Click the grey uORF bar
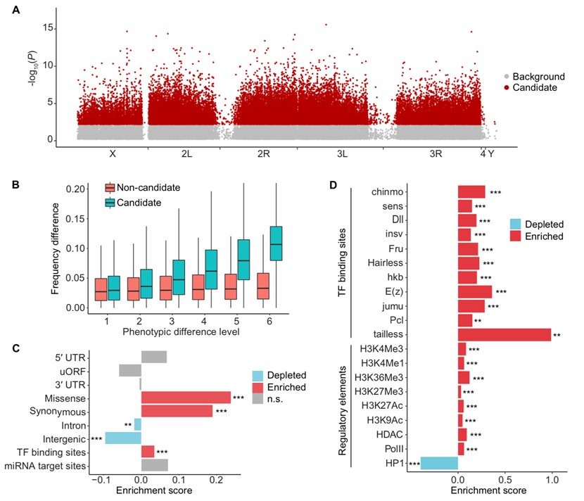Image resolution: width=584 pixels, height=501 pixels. [129, 369]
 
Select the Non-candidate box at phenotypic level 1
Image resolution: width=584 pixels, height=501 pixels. [101, 289]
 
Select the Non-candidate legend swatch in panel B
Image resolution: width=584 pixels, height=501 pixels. [110, 188]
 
